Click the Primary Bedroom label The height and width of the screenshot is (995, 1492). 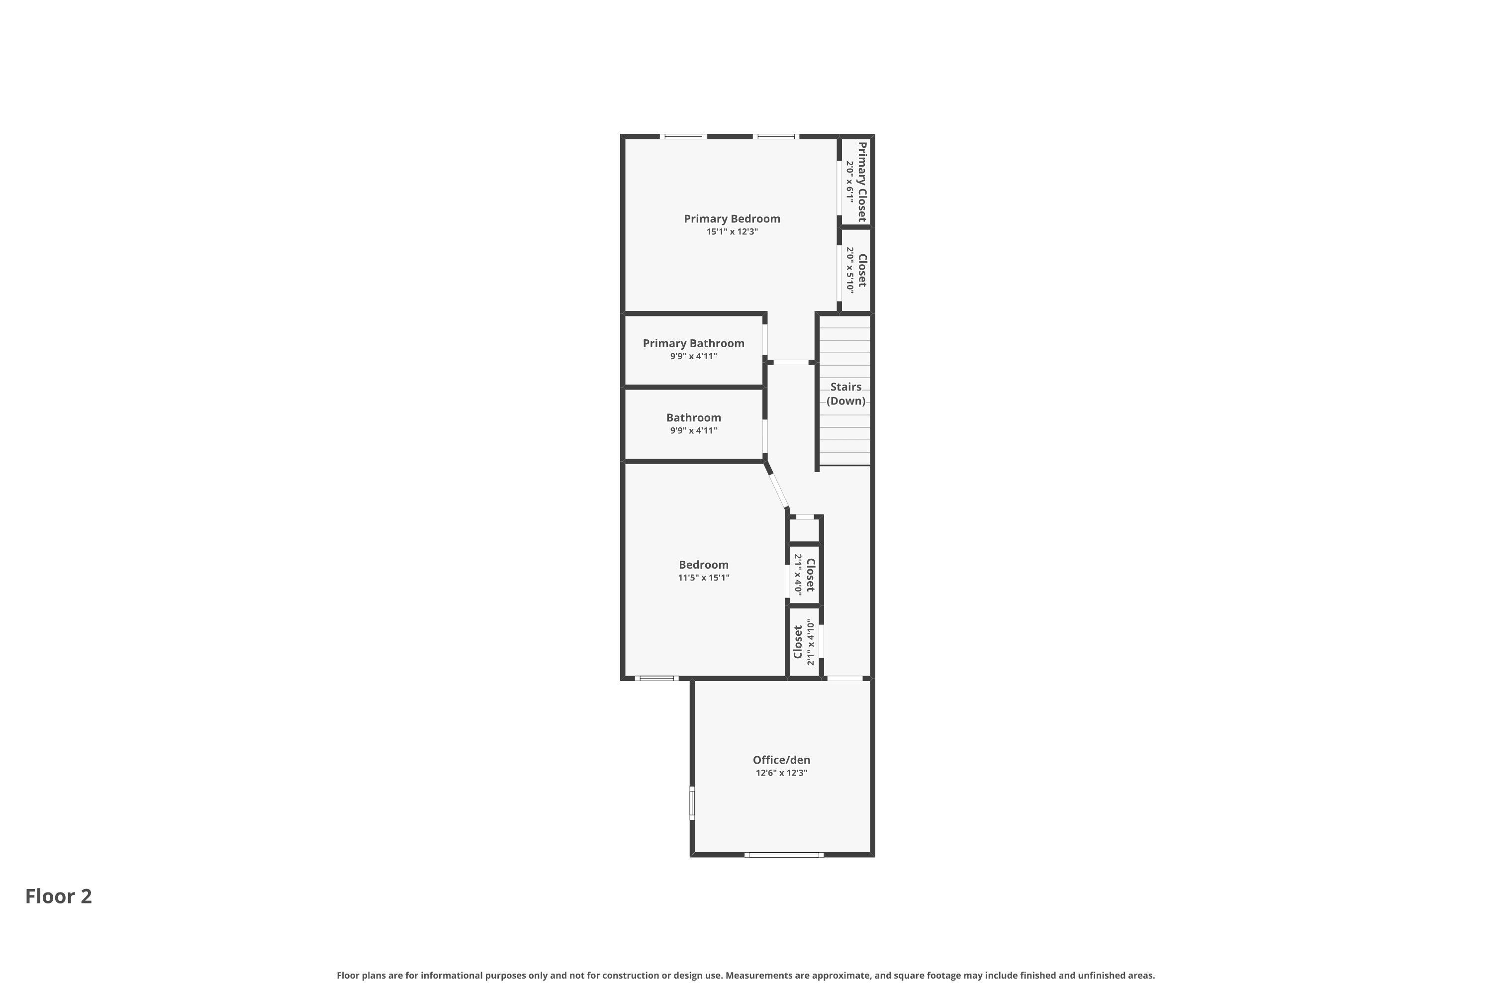point(732,219)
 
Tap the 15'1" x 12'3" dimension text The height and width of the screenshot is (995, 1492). point(732,232)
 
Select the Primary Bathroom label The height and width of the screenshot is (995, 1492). point(693,343)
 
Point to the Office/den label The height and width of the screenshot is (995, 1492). point(781,760)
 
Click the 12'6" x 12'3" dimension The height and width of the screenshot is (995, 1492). point(781,773)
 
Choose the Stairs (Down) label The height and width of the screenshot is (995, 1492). point(845,394)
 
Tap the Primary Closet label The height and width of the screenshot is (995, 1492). point(861,182)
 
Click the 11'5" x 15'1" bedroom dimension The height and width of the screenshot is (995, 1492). point(704,578)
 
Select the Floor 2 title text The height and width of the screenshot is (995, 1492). point(58,896)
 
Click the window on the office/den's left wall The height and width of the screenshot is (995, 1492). point(692,803)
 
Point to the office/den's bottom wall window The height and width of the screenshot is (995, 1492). point(784,855)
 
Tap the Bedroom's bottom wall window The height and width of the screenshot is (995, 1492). point(656,679)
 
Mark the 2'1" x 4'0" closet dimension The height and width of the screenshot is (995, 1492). point(798,575)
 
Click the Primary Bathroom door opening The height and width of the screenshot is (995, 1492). point(765,340)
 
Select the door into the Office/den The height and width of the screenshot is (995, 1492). point(845,679)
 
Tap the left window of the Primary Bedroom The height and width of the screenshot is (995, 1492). point(683,136)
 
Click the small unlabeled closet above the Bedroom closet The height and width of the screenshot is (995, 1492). point(804,529)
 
